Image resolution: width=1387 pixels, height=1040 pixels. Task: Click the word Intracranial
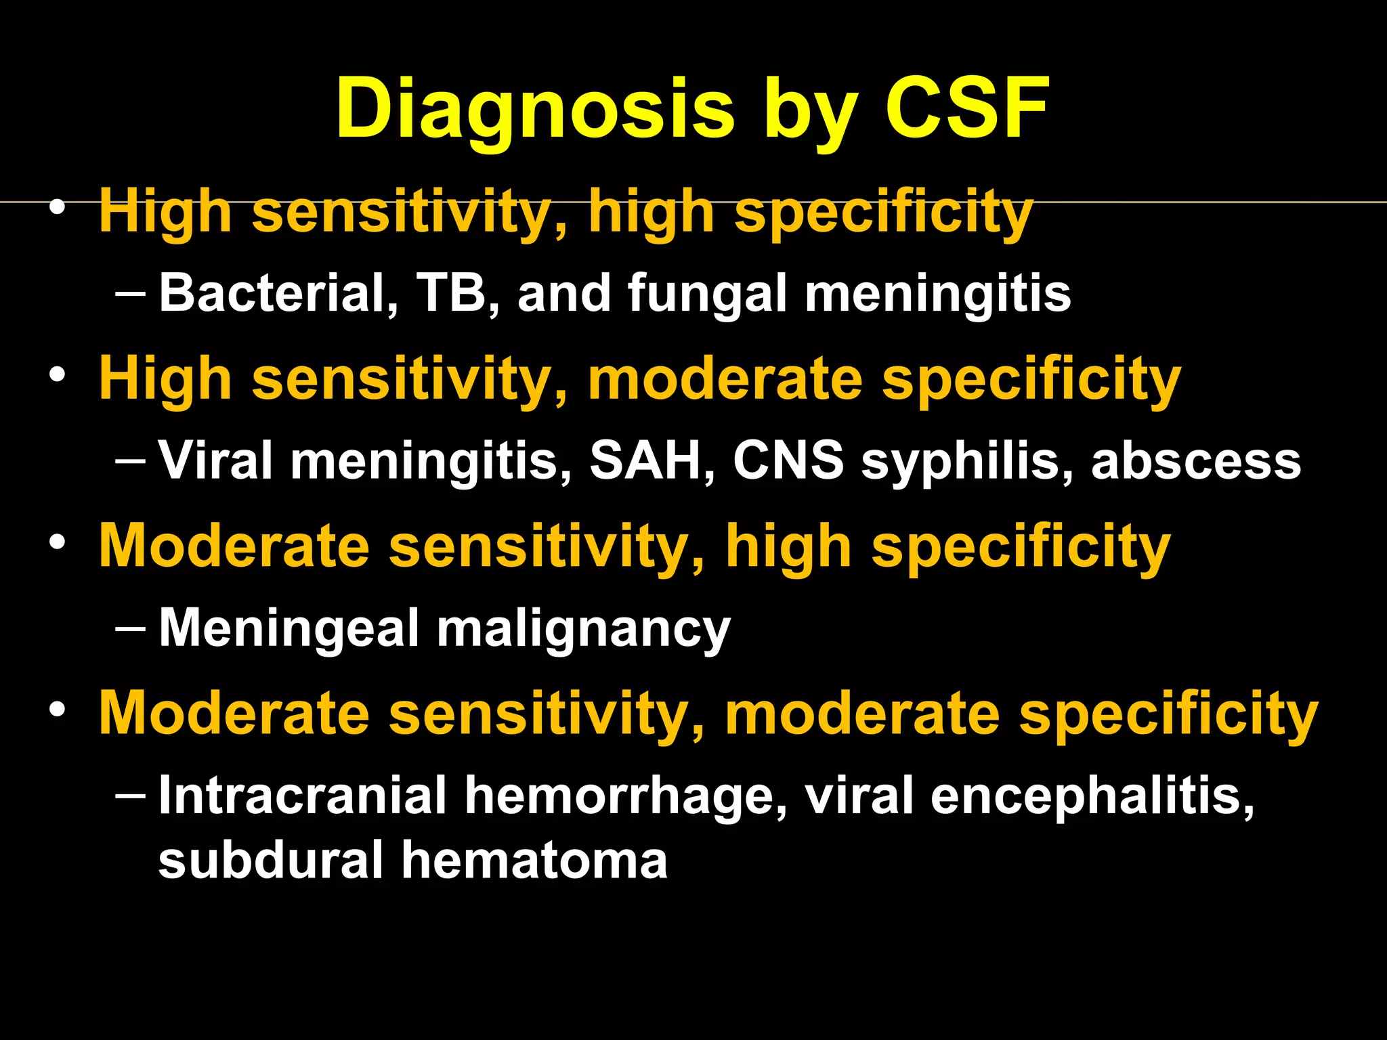(x=302, y=795)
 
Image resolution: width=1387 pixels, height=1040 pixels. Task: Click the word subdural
(x=271, y=860)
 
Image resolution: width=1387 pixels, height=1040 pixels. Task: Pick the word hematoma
(x=534, y=860)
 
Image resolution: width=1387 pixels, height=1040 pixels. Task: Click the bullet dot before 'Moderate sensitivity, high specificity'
(x=58, y=542)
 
